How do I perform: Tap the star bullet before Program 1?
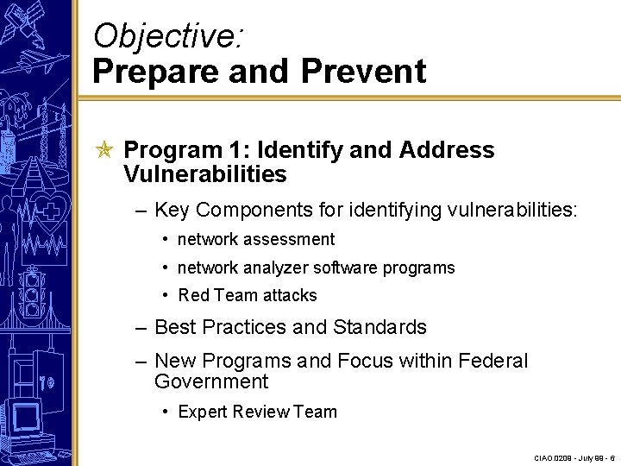(104, 150)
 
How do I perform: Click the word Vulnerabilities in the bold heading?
(204, 174)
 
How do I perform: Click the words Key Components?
(225, 210)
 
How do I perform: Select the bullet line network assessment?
(256, 239)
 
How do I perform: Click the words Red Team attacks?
(248, 295)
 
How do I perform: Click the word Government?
(211, 381)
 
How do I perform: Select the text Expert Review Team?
(257, 412)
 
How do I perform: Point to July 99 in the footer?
(592, 457)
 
